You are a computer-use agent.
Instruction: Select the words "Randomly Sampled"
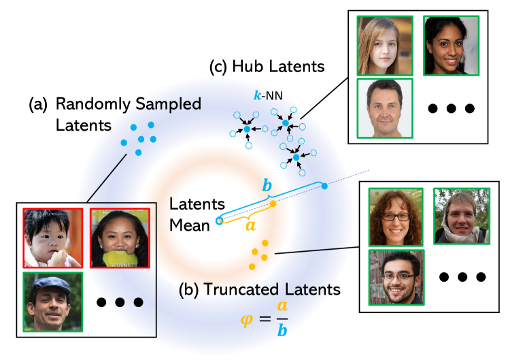tap(129, 104)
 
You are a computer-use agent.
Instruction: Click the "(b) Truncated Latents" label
tap(259, 289)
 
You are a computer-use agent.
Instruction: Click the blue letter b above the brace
tap(267, 186)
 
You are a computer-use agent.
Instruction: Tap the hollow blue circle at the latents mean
tap(219, 220)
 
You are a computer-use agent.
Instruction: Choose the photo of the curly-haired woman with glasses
tap(395, 216)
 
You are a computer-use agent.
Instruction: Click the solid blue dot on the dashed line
tap(324, 185)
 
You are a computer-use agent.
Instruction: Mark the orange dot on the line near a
tap(273, 203)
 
